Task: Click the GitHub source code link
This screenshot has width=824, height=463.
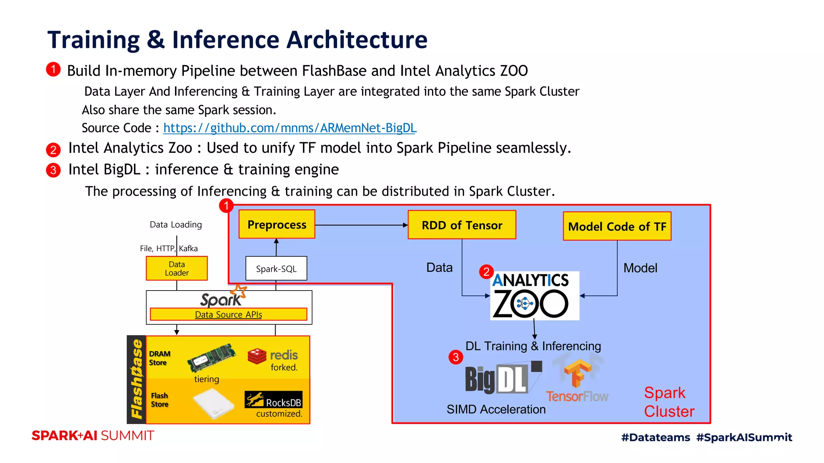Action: point(290,128)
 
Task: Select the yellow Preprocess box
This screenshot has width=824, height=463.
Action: point(277,224)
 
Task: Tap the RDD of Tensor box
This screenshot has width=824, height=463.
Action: point(462,225)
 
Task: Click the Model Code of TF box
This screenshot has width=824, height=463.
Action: point(617,226)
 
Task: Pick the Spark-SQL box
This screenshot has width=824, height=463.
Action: point(276,268)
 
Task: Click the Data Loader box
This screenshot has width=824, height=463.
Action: point(177,268)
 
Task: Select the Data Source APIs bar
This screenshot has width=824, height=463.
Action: point(228,314)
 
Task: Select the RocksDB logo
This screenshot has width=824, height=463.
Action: point(274,399)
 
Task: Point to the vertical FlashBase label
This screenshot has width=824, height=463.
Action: point(136,379)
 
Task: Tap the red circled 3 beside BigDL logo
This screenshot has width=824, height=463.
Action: point(456,357)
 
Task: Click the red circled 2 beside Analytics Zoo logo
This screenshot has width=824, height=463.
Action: point(486,272)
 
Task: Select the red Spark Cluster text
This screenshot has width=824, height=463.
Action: point(669,402)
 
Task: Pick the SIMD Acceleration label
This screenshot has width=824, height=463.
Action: point(496,409)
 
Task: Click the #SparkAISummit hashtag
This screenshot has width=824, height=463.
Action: point(744,437)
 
